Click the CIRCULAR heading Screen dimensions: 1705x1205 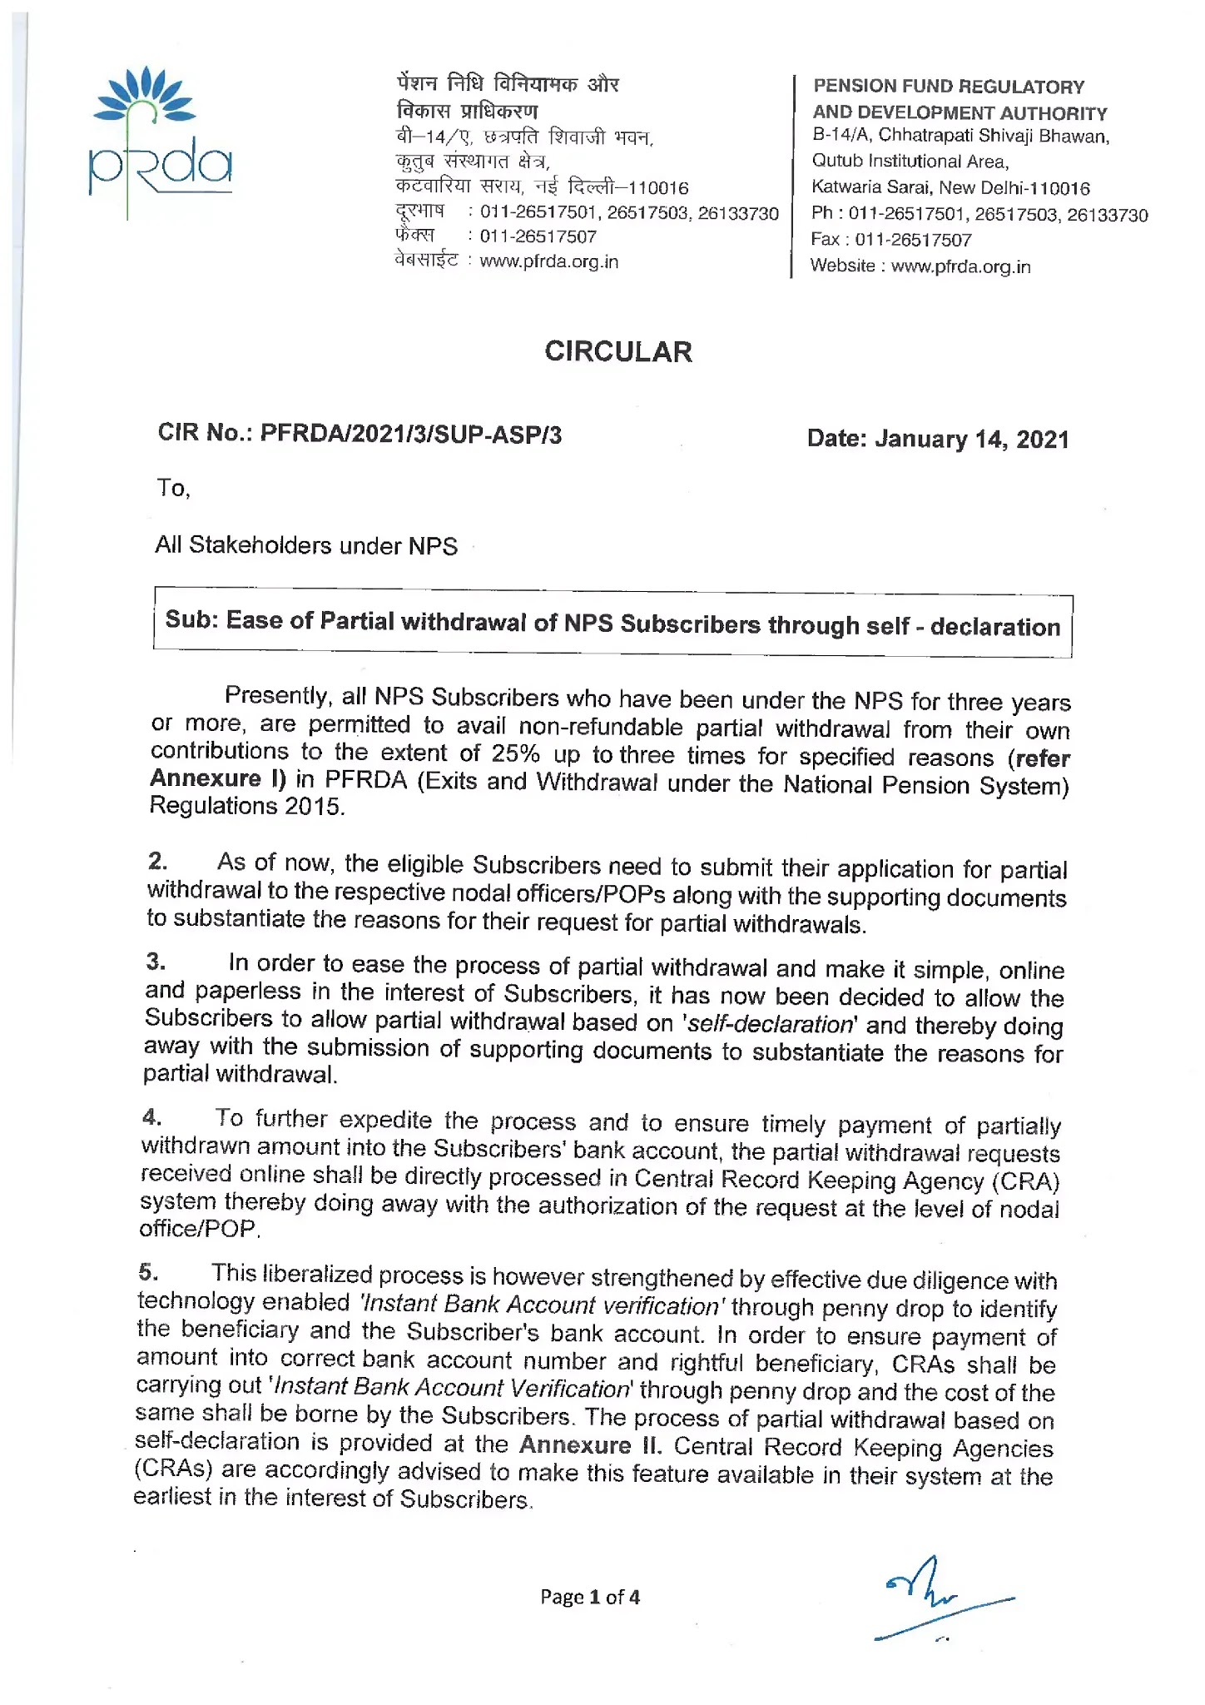coord(617,351)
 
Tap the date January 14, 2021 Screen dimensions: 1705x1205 coord(971,439)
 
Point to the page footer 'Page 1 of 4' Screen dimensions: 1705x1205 coord(589,1597)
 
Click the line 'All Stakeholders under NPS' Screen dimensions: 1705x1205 coord(306,545)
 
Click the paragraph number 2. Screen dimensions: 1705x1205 coord(157,861)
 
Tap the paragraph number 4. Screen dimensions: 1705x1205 coord(151,1116)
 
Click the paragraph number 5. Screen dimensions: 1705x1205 coord(148,1271)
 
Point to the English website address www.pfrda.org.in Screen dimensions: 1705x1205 coord(960,266)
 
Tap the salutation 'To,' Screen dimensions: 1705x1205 coord(173,488)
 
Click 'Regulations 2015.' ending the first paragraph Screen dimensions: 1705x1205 coord(246,806)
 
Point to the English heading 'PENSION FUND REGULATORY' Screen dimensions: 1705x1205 coord(948,87)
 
